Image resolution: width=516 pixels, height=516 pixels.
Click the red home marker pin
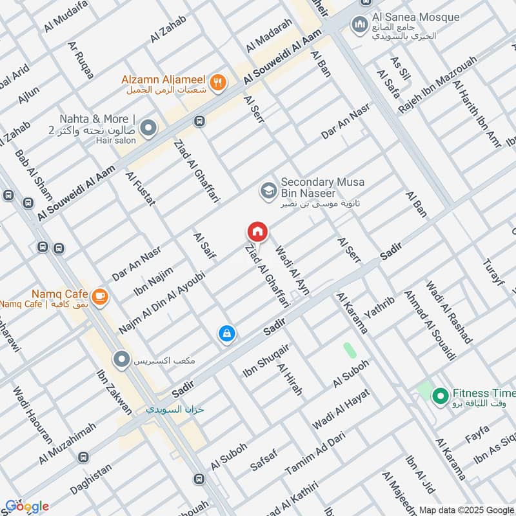257,232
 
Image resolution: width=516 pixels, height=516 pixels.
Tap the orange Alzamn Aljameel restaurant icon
219,82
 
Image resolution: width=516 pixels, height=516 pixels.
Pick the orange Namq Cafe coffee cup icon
99,296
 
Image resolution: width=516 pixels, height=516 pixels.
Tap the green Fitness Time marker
441,395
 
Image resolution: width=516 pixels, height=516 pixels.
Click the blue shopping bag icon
226,333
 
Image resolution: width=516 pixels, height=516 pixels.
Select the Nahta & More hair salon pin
148,129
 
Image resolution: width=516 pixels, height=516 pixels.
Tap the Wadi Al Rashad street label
449,312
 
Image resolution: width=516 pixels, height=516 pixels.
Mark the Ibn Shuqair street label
265,361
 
